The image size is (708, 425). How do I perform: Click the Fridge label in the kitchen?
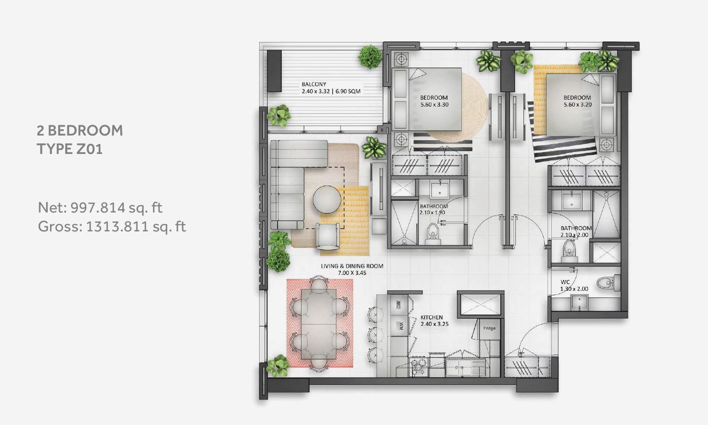tap(489, 328)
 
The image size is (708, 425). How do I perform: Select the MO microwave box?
tap(398, 305)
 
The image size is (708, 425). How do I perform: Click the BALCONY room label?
tap(313, 84)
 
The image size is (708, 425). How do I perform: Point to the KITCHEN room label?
tap(431, 317)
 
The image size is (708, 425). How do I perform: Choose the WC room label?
tap(565, 282)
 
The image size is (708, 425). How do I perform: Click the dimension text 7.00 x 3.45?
tap(352, 273)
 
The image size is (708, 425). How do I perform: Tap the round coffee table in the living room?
tap(327, 200)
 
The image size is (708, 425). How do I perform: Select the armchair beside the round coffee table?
tap(328, 236)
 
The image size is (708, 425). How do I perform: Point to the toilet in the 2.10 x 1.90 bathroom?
tap(432, 234)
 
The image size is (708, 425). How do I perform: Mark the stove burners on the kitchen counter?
tap(419, 367)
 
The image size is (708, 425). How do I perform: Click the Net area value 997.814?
tap(98, 207)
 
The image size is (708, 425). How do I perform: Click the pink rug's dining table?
tap(319, 324)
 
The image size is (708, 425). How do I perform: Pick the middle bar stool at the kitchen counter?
tap(376, 335)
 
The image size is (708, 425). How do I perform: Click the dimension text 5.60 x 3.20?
tap(577, 105)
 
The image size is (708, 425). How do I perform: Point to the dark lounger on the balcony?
tap(274, 71)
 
